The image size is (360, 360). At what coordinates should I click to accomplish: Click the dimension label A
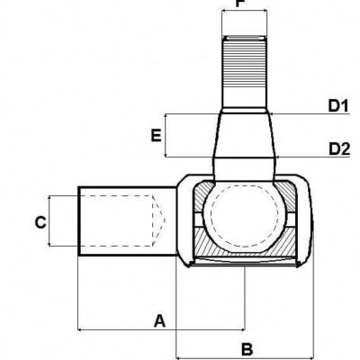click(x=159, y=319)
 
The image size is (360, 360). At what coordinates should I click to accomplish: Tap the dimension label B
click(x=248, y=346)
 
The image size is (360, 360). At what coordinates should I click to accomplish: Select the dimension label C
click(x=40, y=221)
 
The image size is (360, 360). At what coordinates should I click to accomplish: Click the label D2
click(x=337, y=148)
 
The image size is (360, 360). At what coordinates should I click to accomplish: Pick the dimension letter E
click(x=156, y=137)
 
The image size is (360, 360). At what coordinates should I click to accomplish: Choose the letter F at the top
click(x=240, y=4)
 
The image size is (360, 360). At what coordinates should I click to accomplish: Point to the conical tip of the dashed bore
click(x=160, y=221)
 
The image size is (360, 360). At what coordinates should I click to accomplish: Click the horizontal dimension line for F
click(x=245, y=13)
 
